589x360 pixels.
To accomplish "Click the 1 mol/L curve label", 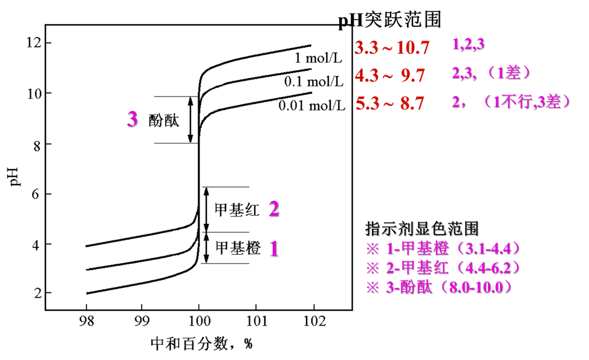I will pyautogui.click(x=317, y=59).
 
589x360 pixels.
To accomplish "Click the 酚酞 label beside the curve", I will pyautogui.click(x=163, y=120).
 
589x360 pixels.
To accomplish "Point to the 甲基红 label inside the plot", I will pyautogui.click(x=237, y=210).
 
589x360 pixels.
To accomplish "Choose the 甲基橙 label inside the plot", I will pyautogui.click(x=238, y=247).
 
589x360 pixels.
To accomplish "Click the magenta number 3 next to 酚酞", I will pyautogui.click(x=132, y=119).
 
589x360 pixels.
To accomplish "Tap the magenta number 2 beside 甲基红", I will pyautogui.click(x=274, y=209).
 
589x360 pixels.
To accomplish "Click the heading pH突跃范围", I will pyautogui.click(x=389, y=21).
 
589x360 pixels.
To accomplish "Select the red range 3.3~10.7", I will pyautogui.click(x=392, y=47).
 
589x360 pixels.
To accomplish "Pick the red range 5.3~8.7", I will pyautogui.click(x=389, y=103).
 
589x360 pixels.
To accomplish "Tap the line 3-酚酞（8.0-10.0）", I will pyautogui.click(x=444, y=288).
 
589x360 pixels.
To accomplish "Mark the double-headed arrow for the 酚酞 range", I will pyautogui.click(x=190, y=119).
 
